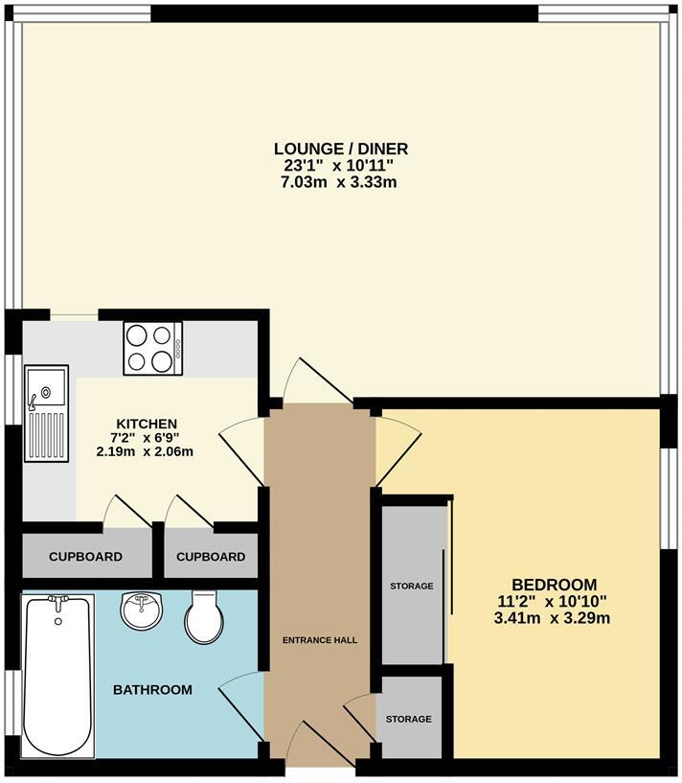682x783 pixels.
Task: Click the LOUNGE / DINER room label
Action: coord(341,149)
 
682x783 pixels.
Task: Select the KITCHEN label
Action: coord(146,424)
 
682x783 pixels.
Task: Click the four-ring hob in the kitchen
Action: coord(152,348)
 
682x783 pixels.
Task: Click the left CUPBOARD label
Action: coord(85,557)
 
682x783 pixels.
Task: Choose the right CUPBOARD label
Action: coord(210,557)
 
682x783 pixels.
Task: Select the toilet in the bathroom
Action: coord(203,616)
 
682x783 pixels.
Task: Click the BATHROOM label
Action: coord(152,689)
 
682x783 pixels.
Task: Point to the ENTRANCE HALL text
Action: coord(320,640)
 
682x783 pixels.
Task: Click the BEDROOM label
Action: coord(554,585)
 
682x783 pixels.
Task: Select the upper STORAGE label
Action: coord(411,586)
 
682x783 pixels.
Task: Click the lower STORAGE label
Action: coord(409,719)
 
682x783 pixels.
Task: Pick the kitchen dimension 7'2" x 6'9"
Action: coord(146,437)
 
